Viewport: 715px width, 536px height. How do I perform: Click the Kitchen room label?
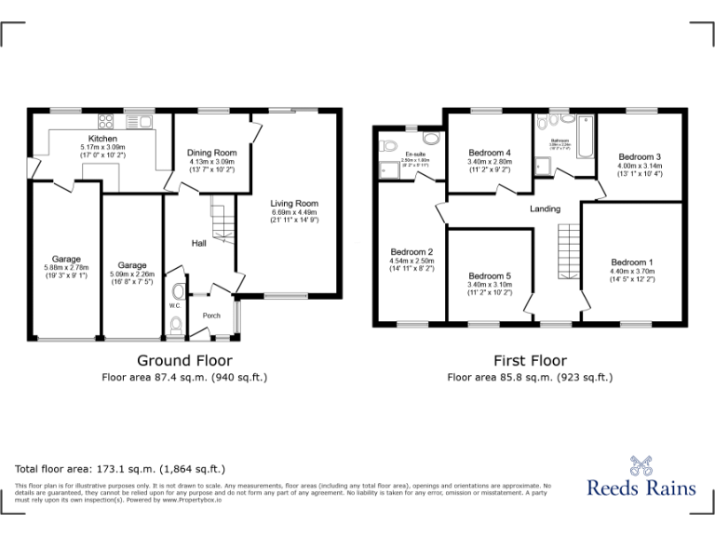(x=102, y=139)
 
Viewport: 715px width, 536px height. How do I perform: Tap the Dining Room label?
(x=212, y=153)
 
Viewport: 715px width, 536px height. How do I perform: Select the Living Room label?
(x=294, y=203)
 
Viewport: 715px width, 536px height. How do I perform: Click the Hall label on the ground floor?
(x=198, y=243)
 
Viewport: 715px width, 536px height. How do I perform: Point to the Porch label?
(x=212, y=315)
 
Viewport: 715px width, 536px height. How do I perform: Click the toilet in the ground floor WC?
(x=177, y=325)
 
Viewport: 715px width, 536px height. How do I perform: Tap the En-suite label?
(x=414, y=154)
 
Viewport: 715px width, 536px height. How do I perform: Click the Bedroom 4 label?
(x=490, y=153)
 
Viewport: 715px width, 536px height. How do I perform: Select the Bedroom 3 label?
(x=639, y=157)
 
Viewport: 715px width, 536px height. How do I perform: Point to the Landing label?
(x=545, y=208)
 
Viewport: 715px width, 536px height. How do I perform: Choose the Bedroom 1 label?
(x=632, y=262)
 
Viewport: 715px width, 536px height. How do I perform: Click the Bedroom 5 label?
(x=490, y=275)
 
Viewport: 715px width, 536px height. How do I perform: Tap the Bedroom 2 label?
(x=411, y=252)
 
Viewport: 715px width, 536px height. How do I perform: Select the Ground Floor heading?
(x=184, y=360)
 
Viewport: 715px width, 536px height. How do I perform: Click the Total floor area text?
(x=120, y=469)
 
